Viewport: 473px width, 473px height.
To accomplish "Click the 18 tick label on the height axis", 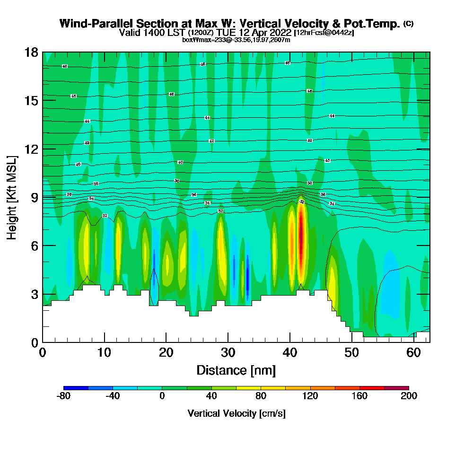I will tap(31, 52).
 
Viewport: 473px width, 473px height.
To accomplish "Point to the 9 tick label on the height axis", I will tap(35, 197).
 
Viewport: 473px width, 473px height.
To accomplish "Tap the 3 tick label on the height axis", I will tap(35, 294).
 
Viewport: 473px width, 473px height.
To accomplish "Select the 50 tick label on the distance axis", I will tap(351, 353).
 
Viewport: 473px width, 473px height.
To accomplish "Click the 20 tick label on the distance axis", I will tap(166, 353).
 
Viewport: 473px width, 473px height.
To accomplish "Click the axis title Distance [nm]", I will tap(236, 370).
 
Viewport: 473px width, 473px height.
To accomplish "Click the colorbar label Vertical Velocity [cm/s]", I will tap(236, 413).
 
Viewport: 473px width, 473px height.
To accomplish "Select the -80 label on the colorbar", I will tap(63, 396).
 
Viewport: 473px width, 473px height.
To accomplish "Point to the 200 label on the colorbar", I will tap(409, 396).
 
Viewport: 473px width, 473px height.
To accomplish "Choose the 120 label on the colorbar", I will tap(310, 396).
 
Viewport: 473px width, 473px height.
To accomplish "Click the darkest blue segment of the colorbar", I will tap(76, 388).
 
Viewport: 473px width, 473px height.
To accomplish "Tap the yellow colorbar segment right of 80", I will tap(273, 388).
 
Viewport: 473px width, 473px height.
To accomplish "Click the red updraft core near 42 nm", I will tap(300, 241).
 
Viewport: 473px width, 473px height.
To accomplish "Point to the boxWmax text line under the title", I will tap(236, 40).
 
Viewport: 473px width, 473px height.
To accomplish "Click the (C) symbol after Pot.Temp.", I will tap(408, 24).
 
